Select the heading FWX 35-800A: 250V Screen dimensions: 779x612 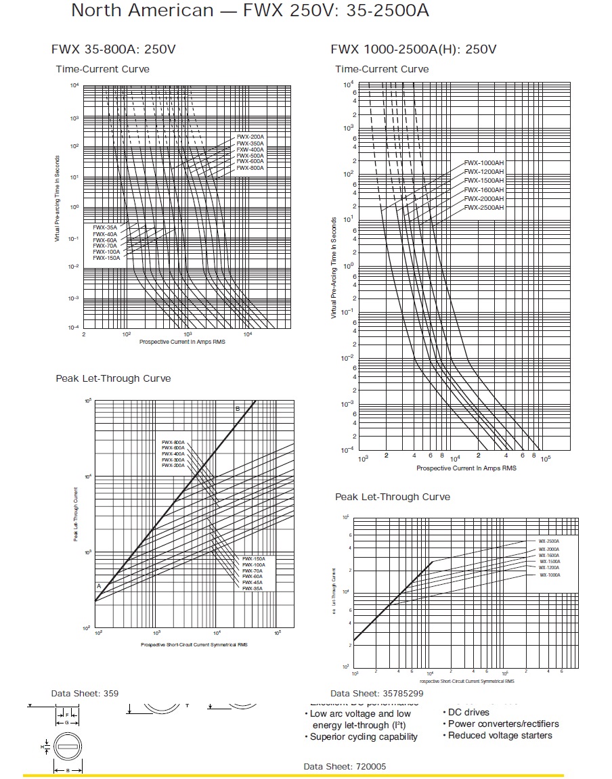pos(114,49)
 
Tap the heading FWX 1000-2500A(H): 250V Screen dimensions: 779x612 pos(414,49)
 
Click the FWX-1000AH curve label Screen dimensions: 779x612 pos(484,163)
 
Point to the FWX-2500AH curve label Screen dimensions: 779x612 pos(484,207)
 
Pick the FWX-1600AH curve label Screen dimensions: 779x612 pos(484,190)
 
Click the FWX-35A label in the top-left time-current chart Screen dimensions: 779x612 pos(105,227)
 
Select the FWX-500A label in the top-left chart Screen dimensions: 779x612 pos(250,155)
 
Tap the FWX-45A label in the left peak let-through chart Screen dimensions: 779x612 pos(253,583)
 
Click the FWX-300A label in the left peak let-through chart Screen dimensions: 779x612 pos(173,460)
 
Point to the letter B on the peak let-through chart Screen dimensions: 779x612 pos(238,409)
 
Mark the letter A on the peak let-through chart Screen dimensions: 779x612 pos(98,586)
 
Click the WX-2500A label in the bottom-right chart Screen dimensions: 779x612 pos(549,541)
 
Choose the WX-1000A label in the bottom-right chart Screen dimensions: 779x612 pos(550,575)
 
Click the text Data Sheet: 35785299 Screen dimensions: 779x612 pos(377,694)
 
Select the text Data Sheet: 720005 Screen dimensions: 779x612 pos(345,766)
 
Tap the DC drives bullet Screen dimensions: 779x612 pos(468,712)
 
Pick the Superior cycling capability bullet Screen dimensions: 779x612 pos(364,737)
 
